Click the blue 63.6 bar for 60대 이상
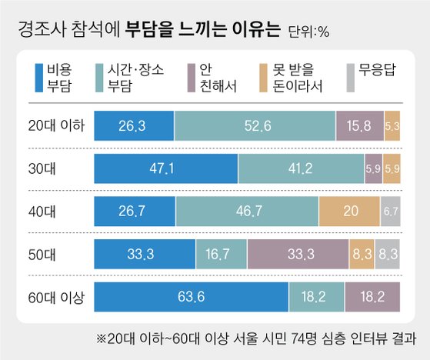190,296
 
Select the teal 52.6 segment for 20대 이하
255,125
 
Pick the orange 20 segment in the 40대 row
349,210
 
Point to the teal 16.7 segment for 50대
222,253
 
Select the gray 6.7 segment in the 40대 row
390,210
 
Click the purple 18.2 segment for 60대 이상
372,296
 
